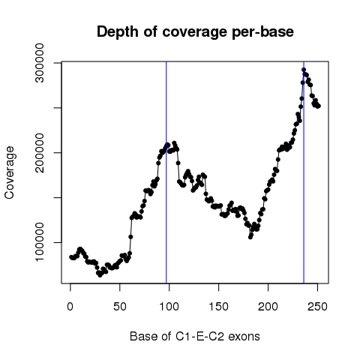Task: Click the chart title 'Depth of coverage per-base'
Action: (195, 32)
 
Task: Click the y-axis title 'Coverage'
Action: (10, 172)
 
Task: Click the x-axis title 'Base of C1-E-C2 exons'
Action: (195, 336)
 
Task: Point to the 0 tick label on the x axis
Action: (70, 307)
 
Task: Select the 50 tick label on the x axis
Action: (120, 307)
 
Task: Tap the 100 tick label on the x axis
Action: (169, 307)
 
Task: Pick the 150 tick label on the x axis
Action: (218, 307)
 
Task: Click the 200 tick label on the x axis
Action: (268, 307)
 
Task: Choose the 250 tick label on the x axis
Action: (317, 307)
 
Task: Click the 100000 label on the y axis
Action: (40, 242)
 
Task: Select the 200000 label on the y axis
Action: (40, 152)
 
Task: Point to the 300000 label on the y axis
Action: (40, 63)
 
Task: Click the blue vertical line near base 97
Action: (166, 172)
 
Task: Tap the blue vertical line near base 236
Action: (304, 172)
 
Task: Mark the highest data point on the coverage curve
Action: (304, 70)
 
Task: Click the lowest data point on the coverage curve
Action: (100, 275)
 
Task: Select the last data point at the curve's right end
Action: (319, 106)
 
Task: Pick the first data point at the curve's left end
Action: (71, 257)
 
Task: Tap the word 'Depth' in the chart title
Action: (118, 32)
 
